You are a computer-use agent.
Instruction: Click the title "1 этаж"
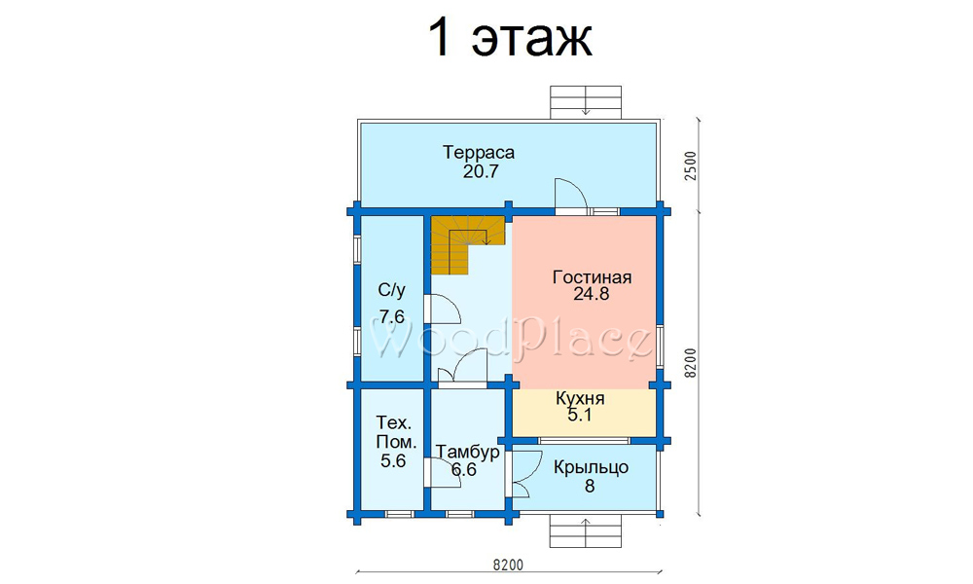point(510,39)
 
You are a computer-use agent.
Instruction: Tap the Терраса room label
point(479,152)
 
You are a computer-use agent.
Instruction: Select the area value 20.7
point(481,171)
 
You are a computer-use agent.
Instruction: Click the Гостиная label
point(592,276)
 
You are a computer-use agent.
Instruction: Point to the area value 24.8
point(591,294)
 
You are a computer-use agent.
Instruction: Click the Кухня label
point(580,398)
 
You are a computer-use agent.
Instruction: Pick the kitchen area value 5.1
point(580,416)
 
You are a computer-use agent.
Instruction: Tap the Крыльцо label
point(591,467)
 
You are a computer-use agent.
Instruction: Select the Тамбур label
point(467,452)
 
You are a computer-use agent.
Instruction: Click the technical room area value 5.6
point(393,460)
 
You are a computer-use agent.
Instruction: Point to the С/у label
point(391,290)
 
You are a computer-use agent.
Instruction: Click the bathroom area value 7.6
point(391,317)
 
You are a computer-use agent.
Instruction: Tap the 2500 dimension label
point(691,165)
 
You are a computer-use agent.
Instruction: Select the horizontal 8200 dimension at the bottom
point(509,565)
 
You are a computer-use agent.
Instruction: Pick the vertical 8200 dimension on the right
point(691,363)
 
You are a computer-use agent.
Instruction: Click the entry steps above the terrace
point(586,102)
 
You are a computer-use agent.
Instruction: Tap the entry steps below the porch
point(586,532)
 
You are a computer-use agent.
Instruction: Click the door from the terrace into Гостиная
point(571,196)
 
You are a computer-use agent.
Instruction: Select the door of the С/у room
point(442,309)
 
